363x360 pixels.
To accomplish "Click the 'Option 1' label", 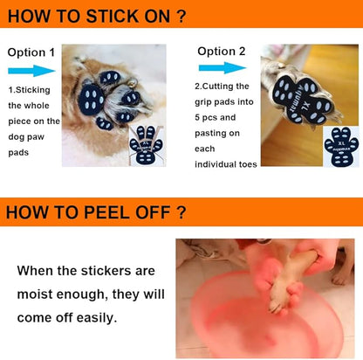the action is pos(31,52).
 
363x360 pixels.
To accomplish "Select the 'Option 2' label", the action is pos(222,52).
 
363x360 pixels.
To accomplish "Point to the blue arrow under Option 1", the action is pos(31,71).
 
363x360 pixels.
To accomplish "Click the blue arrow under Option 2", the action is pos(223,68).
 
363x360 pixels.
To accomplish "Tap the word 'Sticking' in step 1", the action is pos(32,90).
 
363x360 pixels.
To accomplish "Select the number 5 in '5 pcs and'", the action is pos(197,117).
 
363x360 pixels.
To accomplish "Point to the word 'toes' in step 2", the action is pos(248,164).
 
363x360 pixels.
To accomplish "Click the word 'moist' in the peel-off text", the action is pos(35,294).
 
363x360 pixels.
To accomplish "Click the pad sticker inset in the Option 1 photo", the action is pos(147,145).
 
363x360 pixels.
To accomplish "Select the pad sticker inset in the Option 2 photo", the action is pos(341,147).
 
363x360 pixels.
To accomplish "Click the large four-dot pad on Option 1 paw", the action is pos(92,99).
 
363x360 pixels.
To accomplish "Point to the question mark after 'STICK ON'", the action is pos(181,16).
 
